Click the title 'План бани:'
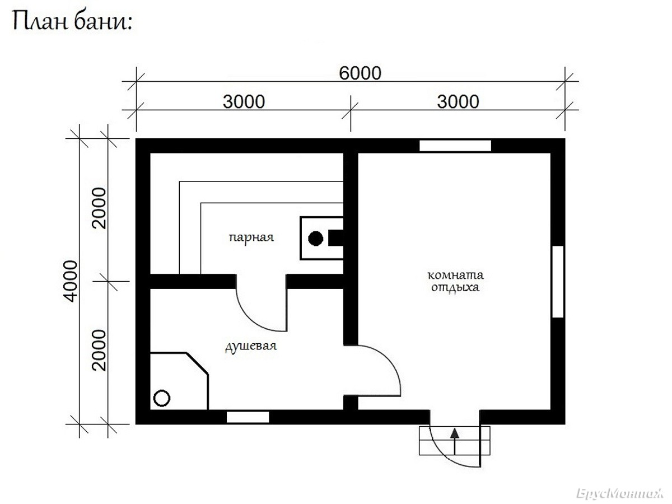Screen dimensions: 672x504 (x=72, y=22)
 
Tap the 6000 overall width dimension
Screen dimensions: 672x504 (x=360, y=73)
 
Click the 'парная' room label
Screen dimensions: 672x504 (x=251, y=237)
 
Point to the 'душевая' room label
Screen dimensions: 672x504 (x=251, y=347)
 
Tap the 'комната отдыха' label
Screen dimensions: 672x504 (x=455, y=282)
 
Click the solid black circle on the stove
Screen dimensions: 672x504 (x=316, y=239)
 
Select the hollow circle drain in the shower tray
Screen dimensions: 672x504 (x=162, y=398)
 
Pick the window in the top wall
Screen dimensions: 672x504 (x=455, y=146)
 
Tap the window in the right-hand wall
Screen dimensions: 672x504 (x=558, y=282)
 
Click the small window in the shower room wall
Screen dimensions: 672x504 (x=248, y=417)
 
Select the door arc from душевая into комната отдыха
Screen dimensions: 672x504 (x=389, y=361)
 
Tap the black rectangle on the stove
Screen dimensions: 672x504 (x=336, y=238)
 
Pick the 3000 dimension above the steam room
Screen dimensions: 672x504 (x=244, y=102)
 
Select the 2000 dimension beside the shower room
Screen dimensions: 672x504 (x=100, y=350)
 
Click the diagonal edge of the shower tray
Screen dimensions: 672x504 (x=198, y=363)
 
